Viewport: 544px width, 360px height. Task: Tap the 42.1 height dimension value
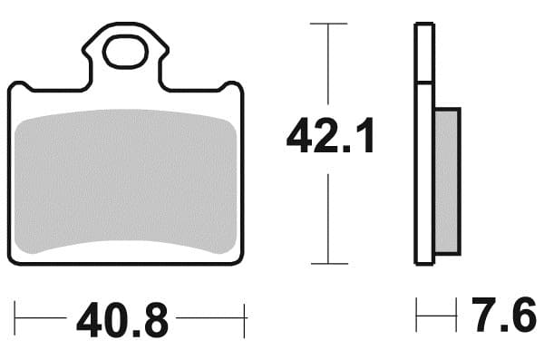tap(330, 138)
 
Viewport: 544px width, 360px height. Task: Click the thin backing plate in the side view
tap(423, 145)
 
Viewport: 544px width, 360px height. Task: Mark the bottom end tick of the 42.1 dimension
tap(328, 264)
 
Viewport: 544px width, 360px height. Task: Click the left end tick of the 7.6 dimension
tap(417, 317)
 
